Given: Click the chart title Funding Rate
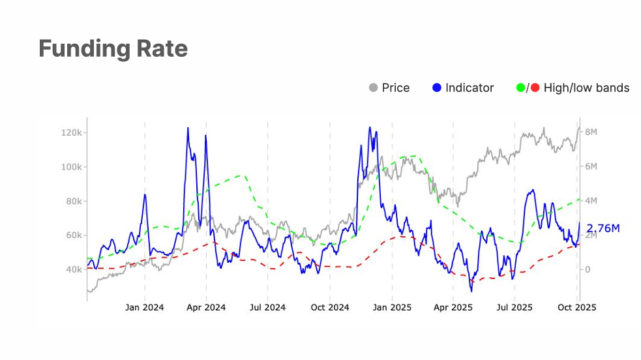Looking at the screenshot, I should (113, 49).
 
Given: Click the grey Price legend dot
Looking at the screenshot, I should (374, 87).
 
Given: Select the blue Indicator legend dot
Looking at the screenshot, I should (437, 87).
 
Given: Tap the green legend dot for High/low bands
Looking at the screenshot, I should (520, 87).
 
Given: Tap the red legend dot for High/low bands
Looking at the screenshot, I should (535, 87).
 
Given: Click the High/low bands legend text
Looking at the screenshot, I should (586, 87).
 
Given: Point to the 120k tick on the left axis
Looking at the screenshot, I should (70, 132).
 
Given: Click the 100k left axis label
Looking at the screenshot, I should (70, 167).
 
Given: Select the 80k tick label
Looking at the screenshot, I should (72, 201).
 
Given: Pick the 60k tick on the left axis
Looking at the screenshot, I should (72, 235).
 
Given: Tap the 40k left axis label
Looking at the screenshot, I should (72, 269).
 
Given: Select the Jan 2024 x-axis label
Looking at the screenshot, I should (144, 307).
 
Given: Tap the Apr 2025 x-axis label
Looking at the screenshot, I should (453, 307).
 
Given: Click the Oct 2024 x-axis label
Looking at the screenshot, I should (330, 307).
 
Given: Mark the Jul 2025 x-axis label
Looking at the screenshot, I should (514, 307).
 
